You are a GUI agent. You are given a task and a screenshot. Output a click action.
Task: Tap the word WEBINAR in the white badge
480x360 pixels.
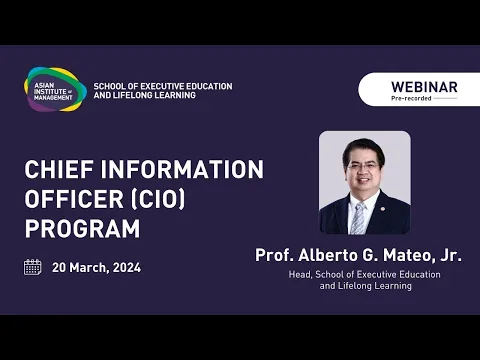pyautogui.click(x=424, y=87)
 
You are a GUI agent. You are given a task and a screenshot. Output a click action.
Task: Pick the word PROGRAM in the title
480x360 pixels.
pyautogui.click(x=82, y=228)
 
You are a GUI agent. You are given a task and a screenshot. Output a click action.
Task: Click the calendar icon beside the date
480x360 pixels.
pyautogui.click(x=33, y=267)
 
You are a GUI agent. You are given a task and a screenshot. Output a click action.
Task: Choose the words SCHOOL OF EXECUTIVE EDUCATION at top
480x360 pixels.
pyautogui.click(x=162, y=86)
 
